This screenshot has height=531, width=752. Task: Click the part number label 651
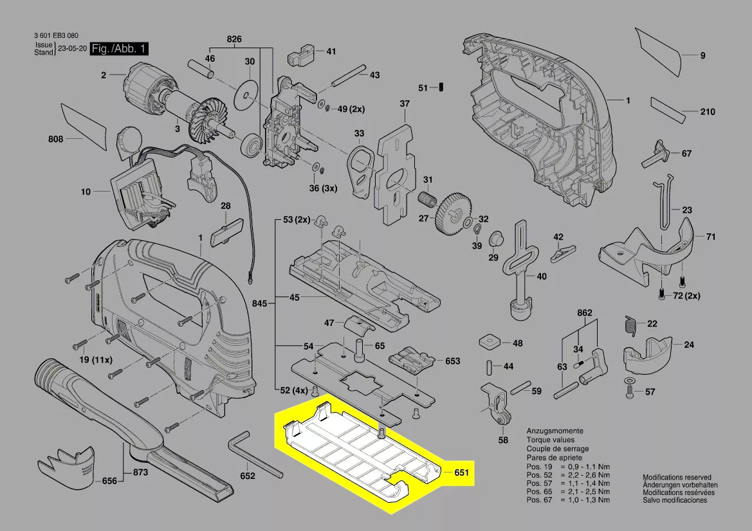coord(461,473)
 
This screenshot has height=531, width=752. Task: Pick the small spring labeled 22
coord(630,326)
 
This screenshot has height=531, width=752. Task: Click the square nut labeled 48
coord(491,341)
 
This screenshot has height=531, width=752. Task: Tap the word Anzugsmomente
coord(555,431)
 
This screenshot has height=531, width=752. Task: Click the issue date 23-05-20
coord(72,49)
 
